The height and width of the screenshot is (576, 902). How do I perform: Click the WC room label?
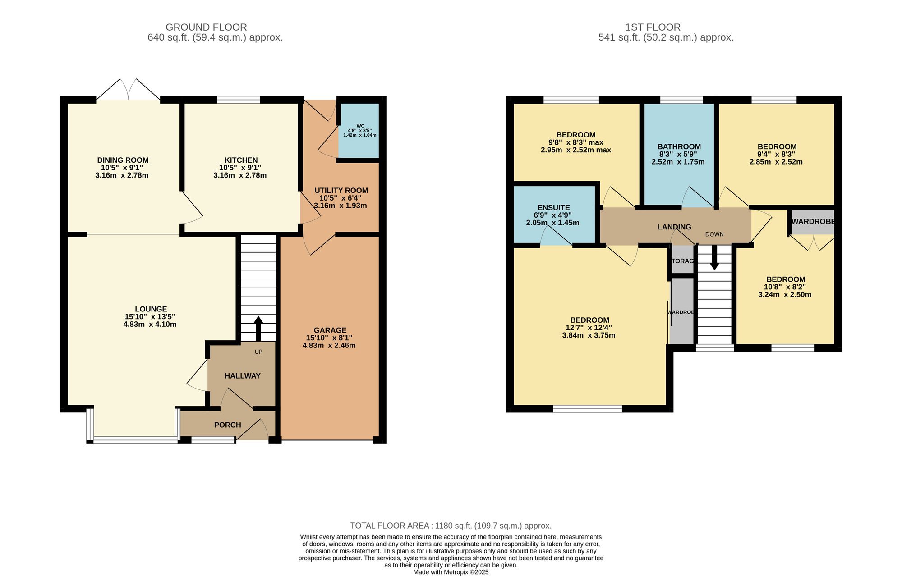[360, 126]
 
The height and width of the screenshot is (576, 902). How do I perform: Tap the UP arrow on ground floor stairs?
[258, 328]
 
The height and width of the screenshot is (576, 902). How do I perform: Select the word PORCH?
[227, 425]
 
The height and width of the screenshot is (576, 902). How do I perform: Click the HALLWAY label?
[243, 376]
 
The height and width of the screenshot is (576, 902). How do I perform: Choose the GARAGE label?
[330, 330]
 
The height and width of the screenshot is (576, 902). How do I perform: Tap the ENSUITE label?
[553, 208]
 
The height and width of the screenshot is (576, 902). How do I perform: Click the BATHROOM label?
[679, 146]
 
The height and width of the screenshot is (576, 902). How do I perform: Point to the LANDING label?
[674, 227]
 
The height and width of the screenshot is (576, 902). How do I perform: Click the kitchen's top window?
[238, 100]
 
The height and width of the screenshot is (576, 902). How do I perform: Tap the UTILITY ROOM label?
[341, 191]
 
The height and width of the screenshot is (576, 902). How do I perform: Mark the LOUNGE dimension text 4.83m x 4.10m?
[150, 324]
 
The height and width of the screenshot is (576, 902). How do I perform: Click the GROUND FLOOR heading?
[206, 27]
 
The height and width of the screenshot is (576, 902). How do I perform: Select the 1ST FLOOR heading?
[653, 27]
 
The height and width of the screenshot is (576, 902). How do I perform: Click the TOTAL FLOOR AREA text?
[451, 526]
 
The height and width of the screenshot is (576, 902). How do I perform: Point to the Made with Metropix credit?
[451, 572]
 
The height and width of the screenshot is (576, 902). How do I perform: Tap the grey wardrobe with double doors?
[813, 222]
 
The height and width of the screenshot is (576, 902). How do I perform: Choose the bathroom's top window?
[681, 100]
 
